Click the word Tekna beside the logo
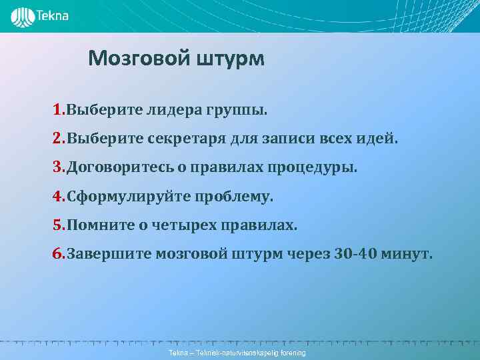point(53,16)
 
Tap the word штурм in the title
point(230,59)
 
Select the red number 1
point(58,109)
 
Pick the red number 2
point(58,139)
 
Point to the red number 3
point(58,167)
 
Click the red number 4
point(58,197)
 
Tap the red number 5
point(58,225)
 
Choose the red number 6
point(58,254)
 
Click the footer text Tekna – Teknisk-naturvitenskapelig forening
point(237,352)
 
